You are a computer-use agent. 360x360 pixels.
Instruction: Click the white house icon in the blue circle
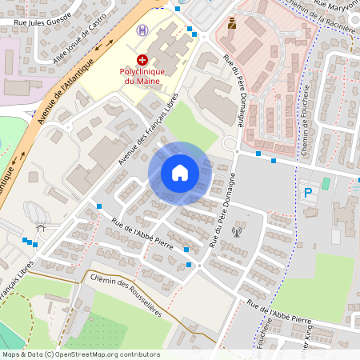179,173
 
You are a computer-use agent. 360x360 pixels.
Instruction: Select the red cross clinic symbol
142,59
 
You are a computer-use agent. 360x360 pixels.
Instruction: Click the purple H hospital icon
142,30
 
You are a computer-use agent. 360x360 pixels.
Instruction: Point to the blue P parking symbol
307,192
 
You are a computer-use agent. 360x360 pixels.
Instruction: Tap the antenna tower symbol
236,233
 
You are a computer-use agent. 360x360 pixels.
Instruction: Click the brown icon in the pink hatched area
232,23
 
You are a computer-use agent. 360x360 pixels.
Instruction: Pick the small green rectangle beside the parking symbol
326,184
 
